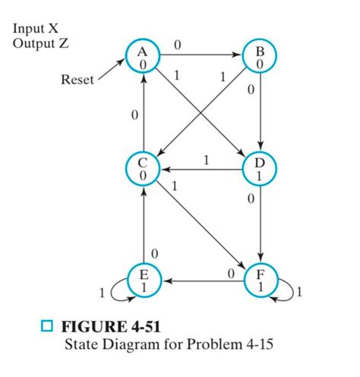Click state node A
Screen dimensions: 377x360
click(x=141, y=58)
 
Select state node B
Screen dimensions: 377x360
click(x=259, y=58)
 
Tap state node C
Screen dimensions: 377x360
click(x=141, y=168)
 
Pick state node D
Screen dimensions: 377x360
click(x=259, y=168)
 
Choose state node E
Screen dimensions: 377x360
click(x=141, y=280)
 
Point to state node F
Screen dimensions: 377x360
click(x=259, y=280)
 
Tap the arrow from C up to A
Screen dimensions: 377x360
click(x=141, y=114)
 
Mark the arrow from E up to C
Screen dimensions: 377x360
click(x=141, y=225)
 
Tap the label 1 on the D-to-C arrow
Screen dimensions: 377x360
click(x=206, y=159)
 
